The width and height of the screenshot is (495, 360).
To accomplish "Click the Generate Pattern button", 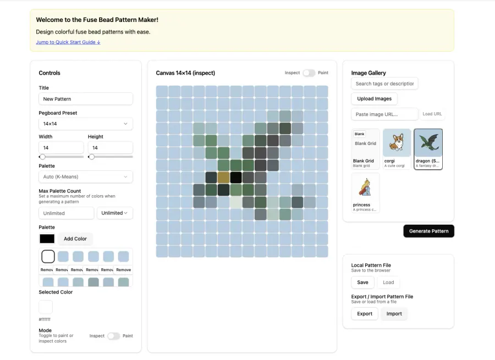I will (x=428, y=231).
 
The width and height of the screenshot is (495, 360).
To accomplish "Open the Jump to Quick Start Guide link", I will (x=68, y=42).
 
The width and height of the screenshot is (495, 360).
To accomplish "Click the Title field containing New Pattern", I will (x=86, y=99).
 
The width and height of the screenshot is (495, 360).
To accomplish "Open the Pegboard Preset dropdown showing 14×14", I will (x=86, y=124).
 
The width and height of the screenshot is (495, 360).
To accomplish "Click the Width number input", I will (x=61, y=148).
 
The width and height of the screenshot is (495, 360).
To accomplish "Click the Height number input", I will (x=110, y=148).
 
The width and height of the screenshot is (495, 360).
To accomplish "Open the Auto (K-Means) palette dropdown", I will (x=86, y=176).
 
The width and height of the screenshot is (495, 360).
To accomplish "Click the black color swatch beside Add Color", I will (x=47, y=239).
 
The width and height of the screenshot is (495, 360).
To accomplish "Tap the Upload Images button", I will (x=374, y=98).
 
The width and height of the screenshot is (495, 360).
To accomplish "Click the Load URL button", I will (x=432, y=114).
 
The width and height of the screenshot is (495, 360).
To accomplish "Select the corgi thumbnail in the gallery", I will (x=397, y=148).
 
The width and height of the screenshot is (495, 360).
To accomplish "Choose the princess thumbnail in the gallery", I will (x=365, y=192).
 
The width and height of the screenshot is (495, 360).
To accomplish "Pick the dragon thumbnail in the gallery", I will (x=428, y=148).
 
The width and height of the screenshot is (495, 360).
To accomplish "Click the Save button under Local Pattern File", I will (x=362, y=282).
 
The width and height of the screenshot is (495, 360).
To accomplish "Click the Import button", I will (x=394, y=314).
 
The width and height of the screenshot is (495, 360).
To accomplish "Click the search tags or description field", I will (x=384, y=84).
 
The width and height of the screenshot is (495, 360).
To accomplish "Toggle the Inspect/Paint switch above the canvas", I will (x=309, y=73).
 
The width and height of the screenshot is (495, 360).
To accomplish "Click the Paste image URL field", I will (x=384, y=114).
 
